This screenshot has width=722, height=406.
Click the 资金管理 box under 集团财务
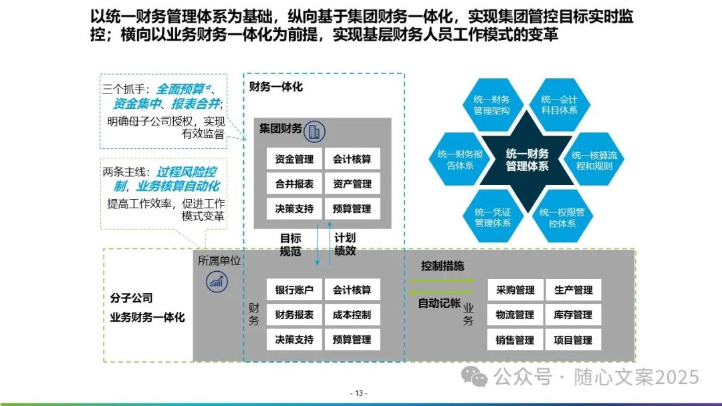(x=294, y=160)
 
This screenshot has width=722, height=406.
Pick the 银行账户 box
(x=294, y=290)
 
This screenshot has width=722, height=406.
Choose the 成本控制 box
(x=352, y=315)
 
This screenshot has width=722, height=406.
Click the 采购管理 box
(x=515, y=290)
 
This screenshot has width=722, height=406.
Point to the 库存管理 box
(x=573, y=315)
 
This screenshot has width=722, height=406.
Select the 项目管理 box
(x=573, y=340)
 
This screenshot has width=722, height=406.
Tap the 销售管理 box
(x=515, y=340)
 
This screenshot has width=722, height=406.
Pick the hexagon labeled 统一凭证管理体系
(x=493, y=218)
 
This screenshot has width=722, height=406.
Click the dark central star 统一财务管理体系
(x=527, y=160)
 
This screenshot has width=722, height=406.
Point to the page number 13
(x=359, y=393)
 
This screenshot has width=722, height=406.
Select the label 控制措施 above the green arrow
(x=442, y=266)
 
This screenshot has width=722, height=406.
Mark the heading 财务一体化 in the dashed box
(x=276, y=87)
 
